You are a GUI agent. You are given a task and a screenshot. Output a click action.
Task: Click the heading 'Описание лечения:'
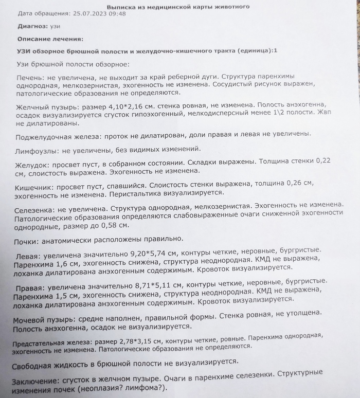(50, 39)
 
